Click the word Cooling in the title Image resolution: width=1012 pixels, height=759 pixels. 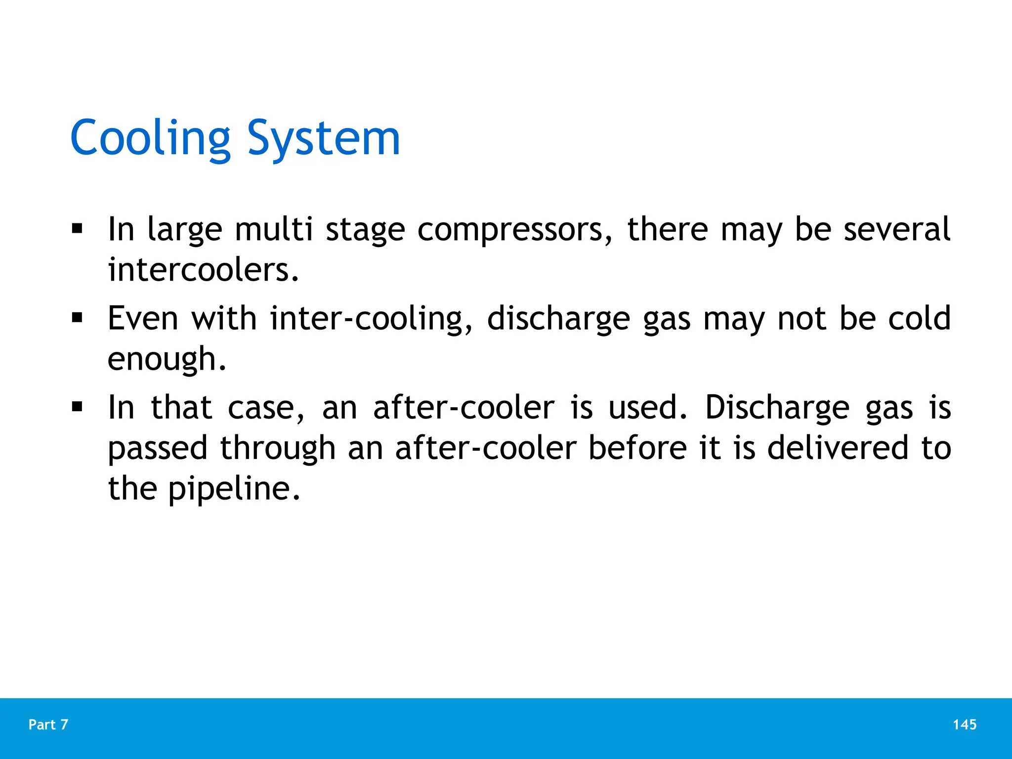[x=150, y=138]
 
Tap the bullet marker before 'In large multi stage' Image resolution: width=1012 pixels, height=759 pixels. [x=77, y=229]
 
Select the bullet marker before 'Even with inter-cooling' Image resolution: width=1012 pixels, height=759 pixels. [x=77, y=318]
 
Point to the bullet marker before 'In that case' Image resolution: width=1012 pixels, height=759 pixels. [x=77, y=407]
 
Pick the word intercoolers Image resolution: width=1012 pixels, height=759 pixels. [x=203, y=270]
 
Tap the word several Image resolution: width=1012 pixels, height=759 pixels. [x=897, y=229]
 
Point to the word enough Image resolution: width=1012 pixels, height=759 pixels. [x=167, y=360]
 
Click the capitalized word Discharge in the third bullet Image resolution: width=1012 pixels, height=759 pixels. [x=777, y=408]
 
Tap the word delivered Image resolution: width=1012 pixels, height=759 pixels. [x=838, y=448]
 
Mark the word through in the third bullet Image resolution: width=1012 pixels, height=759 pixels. [x=278, y=449]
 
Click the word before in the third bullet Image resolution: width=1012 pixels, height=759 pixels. [x=637, y=448]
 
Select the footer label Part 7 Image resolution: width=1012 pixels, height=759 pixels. [x=48, y=724]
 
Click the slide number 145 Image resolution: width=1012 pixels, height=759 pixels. [x=965, y=724]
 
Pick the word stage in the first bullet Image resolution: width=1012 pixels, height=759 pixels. [x=365, y=230]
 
